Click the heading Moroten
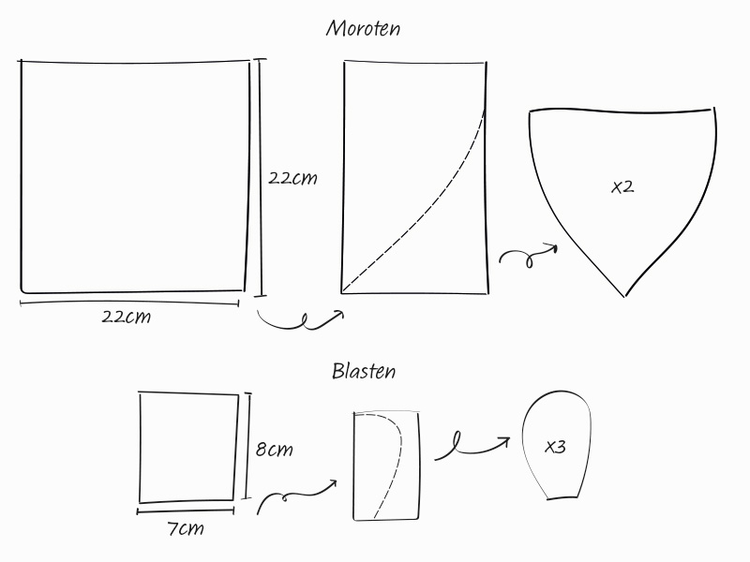[363, 28]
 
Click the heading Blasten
[364, 371]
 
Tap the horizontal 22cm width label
[127, 317]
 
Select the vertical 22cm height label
[292, 178]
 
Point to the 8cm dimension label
[274, 450]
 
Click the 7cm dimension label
[185, 528]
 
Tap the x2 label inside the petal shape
[622, 186]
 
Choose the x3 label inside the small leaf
[555, 447]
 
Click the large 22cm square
[134, 176]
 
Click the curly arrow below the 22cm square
[300, 321]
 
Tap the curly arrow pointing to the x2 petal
[528, 256]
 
